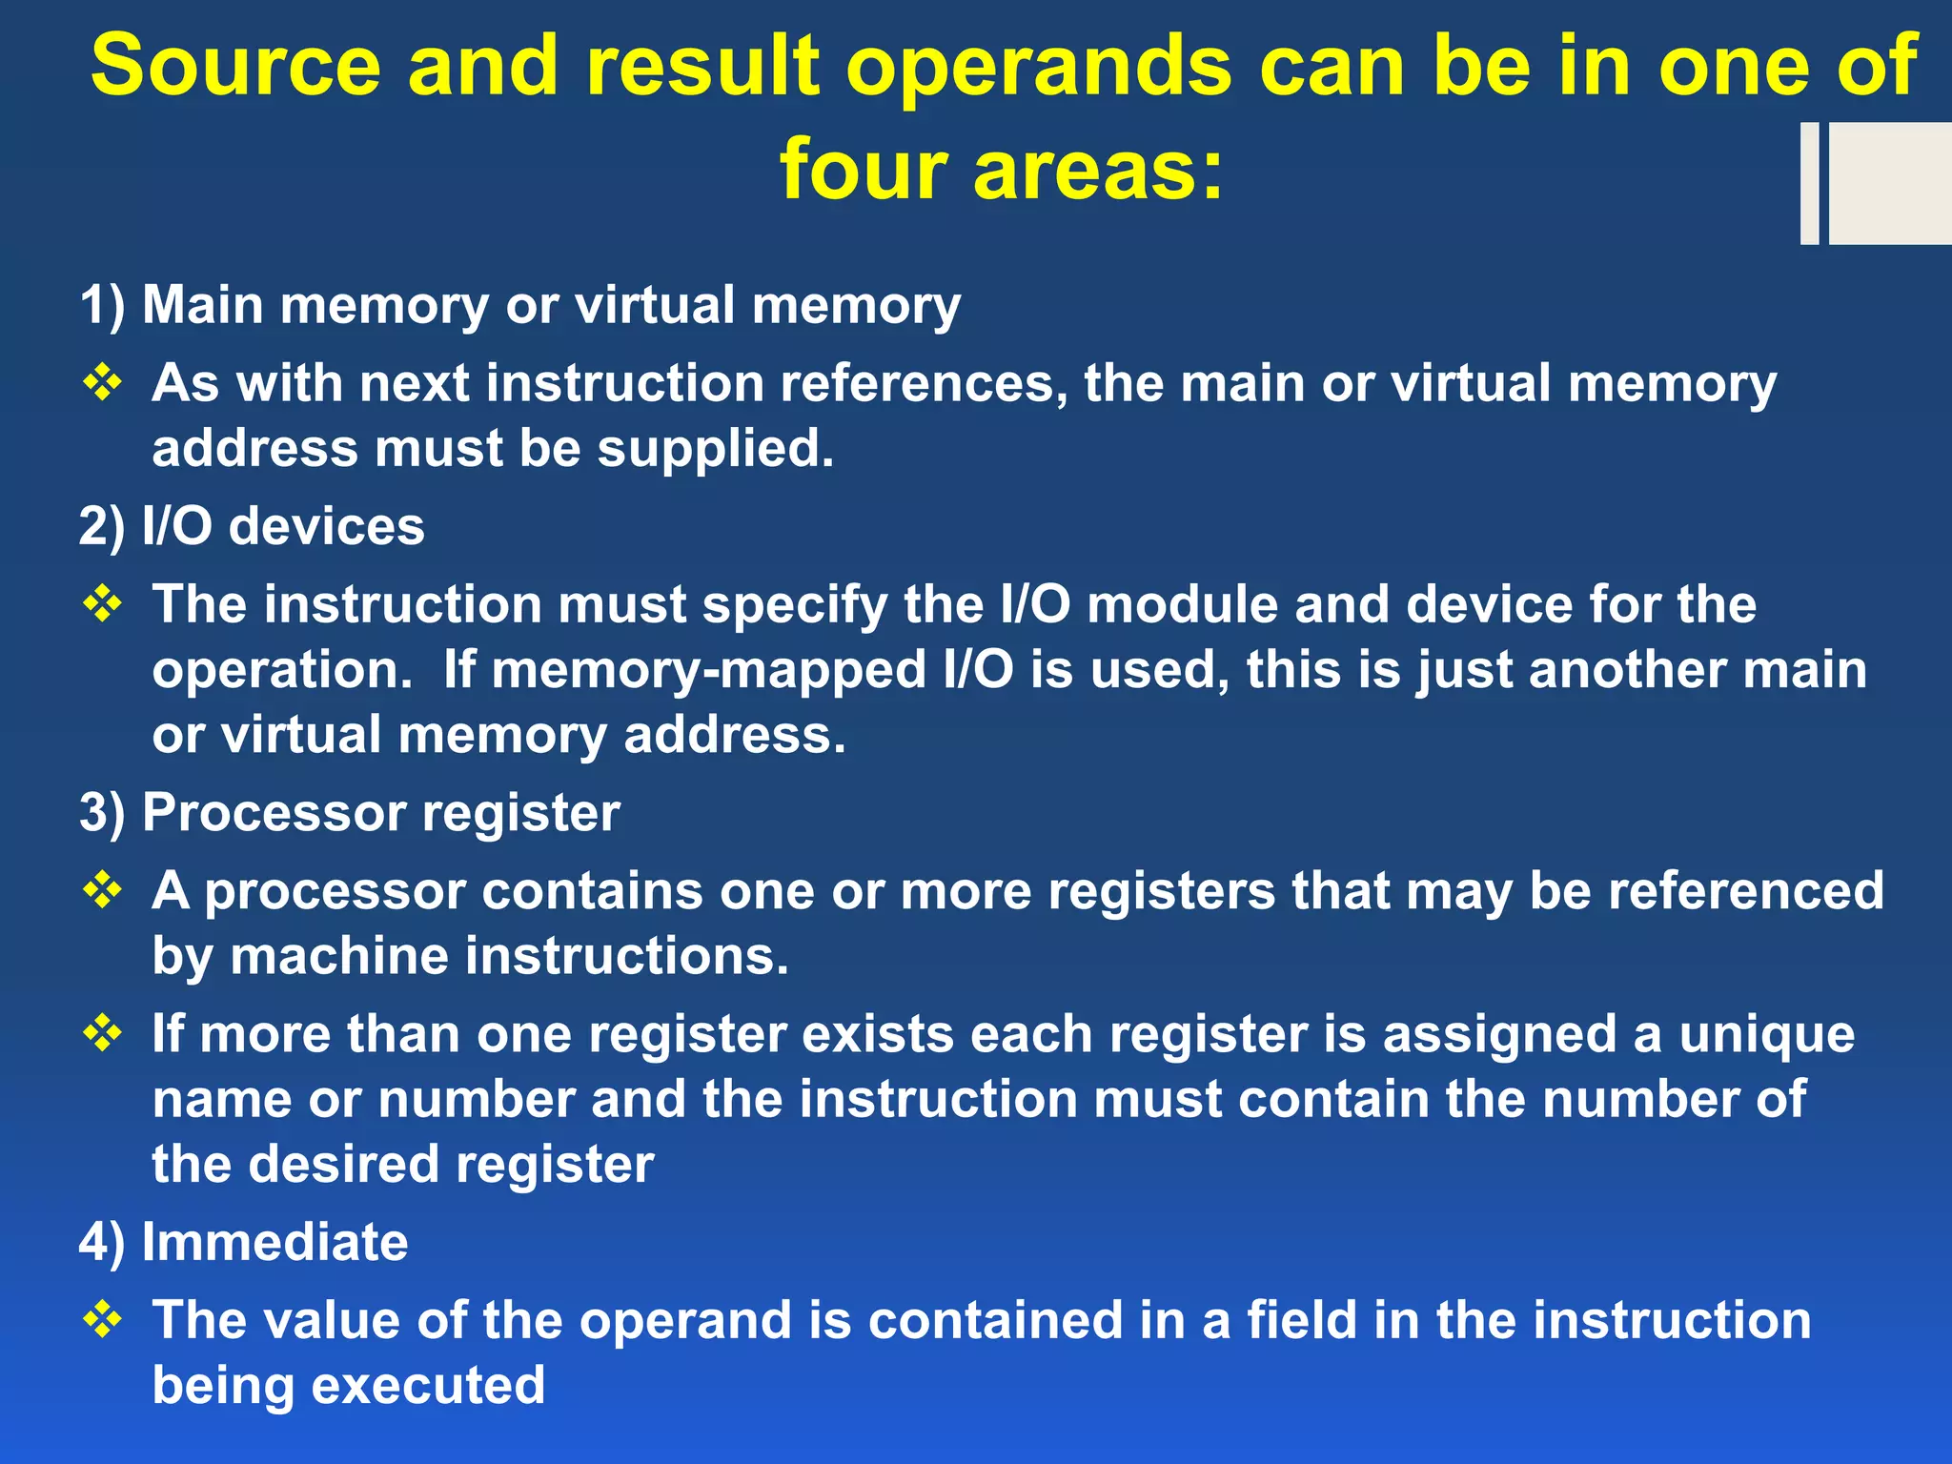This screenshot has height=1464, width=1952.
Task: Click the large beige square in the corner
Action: [1889, 183]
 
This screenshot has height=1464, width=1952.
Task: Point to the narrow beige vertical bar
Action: [1809, 183]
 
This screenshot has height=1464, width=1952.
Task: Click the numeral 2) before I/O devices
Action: [102, 527]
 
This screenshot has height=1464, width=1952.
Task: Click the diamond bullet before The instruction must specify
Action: [103, 603]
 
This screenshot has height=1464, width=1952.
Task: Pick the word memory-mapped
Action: [709, 670]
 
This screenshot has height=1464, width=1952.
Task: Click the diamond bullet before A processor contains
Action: [103, 890]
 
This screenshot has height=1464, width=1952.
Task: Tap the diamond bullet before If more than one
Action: [103, 1033]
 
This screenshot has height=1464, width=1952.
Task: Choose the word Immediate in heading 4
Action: [274, 1243]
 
